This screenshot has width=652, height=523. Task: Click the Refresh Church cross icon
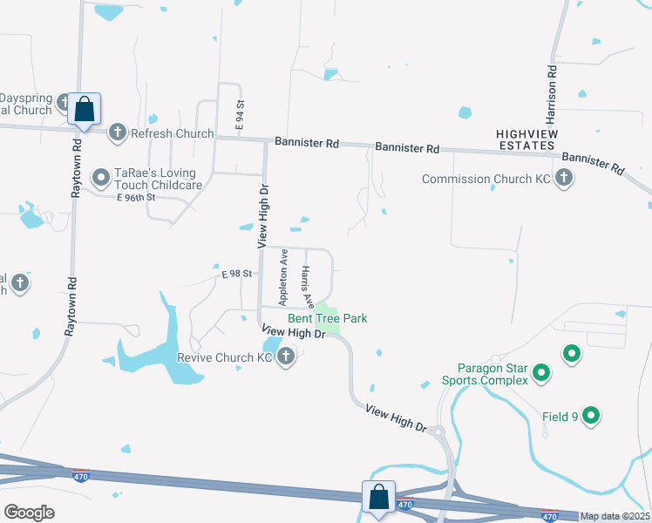pyautogui.click(x=118, y=132)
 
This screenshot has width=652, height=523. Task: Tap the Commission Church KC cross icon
pyautogui.click(x=564, y=179)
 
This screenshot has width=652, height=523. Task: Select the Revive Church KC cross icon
pyautogui.click(x=286, y=357)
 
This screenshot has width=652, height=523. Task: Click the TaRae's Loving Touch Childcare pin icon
pyautogui.click(x=101, y=179)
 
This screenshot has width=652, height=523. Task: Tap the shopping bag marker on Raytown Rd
pyautogui.click(x=84, y=110)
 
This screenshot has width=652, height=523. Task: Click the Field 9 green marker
pyautogui.click(x=591, y=417)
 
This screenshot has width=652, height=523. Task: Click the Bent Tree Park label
pyautogui.click(x=328, y=319)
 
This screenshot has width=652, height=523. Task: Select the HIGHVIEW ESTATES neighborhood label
pyautogui.click(x=526, y=139)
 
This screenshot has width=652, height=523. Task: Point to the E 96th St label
pyautogui.click(x=135, y=197)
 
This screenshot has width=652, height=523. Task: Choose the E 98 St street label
pyautogui.click(x=236, y=274)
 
